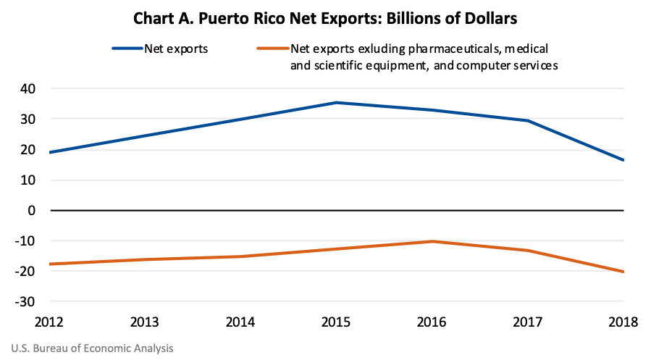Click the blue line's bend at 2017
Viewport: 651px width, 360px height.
coord(528,121)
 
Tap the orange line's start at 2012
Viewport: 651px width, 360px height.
coord(51,264)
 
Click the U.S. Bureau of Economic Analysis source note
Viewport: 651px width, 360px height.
coord(93,348)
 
